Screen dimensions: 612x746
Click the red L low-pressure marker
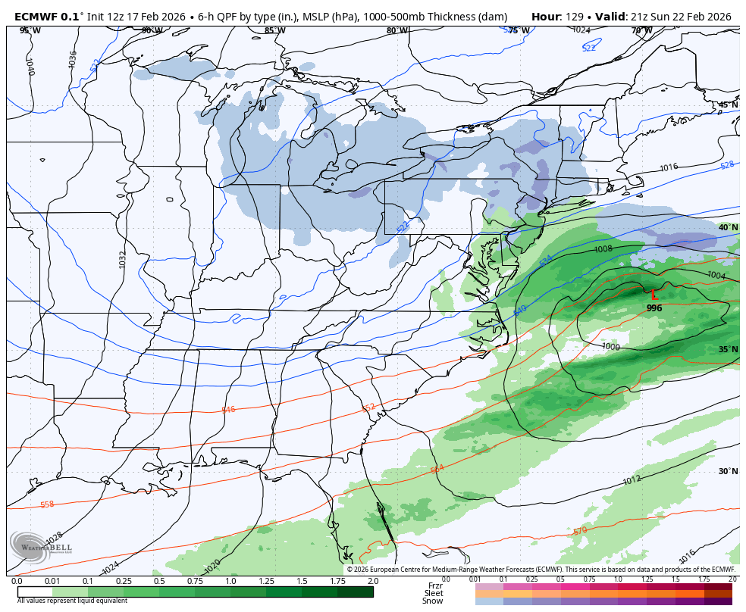(x=654, y=295)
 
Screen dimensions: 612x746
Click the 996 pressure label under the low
(x=654, y=308)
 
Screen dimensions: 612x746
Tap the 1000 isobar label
(x=611, y=346)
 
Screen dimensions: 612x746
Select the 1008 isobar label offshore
(x=603, y=249)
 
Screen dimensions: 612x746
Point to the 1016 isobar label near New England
(x=668, y=167)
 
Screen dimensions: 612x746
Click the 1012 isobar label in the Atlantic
(x=632, y=480)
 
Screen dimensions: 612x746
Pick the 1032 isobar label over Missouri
(x=123, y=259)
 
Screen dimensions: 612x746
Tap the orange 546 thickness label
(x=228, y=410)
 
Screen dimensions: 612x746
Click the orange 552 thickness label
(x=368, y=407)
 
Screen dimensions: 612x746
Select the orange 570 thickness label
(x=580, y=531)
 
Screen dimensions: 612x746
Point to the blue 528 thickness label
(x=727, y=164)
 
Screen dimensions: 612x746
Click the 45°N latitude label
(x=728, y=105)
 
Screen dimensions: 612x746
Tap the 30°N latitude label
(x=728, y=471)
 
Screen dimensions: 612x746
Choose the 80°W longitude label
(x=397, y=31)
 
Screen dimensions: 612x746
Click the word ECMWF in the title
(x=38, y=16)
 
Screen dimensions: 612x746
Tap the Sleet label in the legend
(x=434, y=593)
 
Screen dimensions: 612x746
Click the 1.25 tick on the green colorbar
(x=266, y=581)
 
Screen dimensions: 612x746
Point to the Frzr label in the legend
(x=434, y=585)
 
